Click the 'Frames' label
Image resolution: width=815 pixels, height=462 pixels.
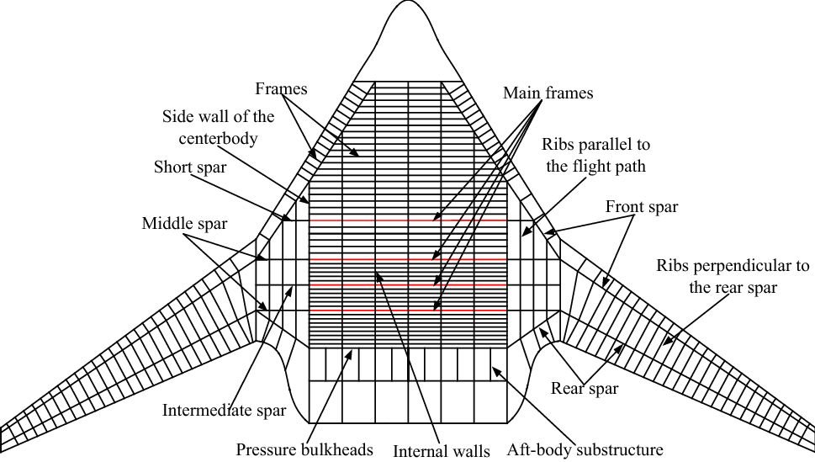[x=281, y=88]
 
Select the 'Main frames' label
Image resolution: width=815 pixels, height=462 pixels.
[x=548, y=93]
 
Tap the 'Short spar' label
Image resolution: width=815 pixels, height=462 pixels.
[x=189, y=167]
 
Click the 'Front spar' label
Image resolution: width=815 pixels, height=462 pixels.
[x=641, y=206]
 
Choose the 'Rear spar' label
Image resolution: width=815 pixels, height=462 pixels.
[x=585, y=388]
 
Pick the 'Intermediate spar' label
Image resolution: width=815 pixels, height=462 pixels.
[x=224, y=411]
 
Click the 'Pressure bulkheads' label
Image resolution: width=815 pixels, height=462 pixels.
[x=304, y=449]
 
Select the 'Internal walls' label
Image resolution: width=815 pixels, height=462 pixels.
[x=442, y=451]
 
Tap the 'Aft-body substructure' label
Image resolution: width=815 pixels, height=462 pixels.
[x=585, y=449]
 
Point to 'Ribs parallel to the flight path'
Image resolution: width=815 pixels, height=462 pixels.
[x=595, y=156]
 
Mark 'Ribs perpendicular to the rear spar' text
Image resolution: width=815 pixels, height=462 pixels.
[x=732, y=276]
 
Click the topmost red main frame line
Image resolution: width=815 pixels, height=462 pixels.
[x=408, y=220]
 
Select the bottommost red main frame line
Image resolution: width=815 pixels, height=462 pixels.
[x=408, y=311]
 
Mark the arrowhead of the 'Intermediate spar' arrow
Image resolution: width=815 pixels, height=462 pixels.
[x=294, y=286]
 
